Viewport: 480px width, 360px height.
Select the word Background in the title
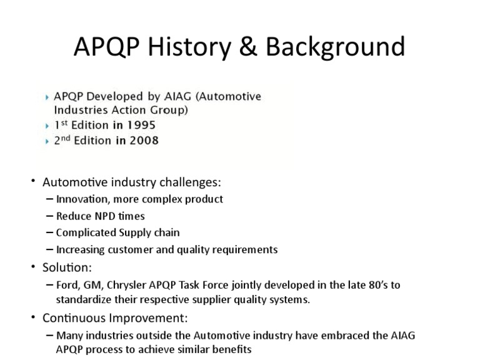point(332,48)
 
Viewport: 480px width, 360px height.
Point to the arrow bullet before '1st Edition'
point(49,126)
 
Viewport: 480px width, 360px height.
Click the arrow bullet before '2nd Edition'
point(49,141)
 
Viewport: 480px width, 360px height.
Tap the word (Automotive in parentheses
point(231,96)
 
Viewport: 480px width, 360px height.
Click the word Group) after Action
point(171,110)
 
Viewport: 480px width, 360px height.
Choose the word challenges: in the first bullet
point(187,182)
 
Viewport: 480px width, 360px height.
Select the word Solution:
point(67,267)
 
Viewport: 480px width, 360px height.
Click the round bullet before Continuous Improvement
point(34,317)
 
